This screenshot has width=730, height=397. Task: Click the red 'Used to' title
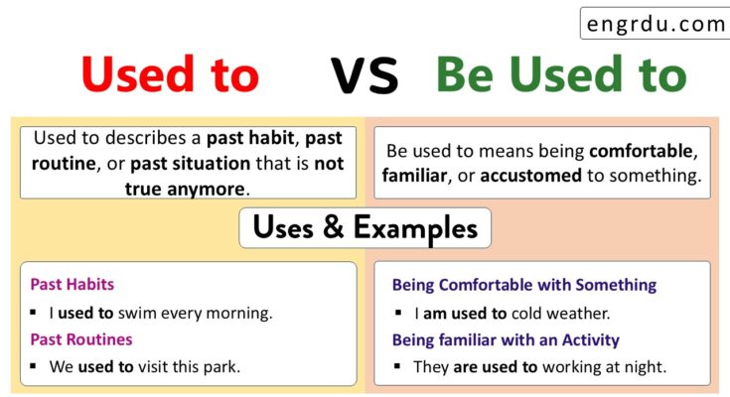pos(170,74)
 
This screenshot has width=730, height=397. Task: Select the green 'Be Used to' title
pos(561,74)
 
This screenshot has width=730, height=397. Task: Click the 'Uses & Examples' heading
pos(365,228)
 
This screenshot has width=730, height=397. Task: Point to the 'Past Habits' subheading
pos(72,285)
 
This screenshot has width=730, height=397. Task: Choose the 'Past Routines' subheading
pos(80,339)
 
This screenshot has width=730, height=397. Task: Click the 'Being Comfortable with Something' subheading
pos(523,285)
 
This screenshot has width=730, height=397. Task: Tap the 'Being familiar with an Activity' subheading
pos(506,339)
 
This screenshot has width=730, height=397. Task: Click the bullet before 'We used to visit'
pos(36,366)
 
